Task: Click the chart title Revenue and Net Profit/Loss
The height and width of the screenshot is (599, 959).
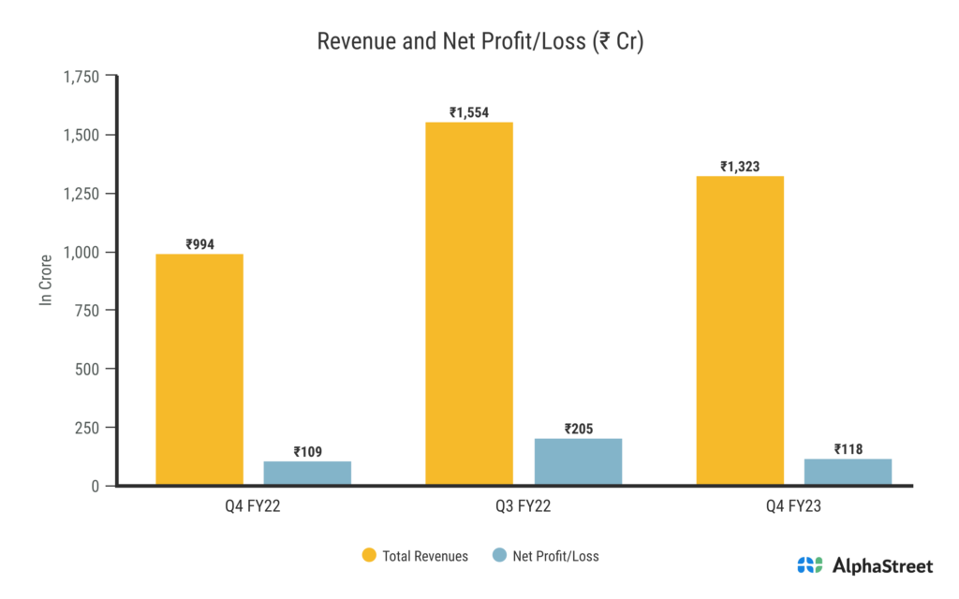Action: (x=479, y=42)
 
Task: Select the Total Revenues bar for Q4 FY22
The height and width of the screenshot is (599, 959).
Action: (x=199, y=370)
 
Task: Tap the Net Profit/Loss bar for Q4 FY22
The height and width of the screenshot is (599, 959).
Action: (x=307, y=473)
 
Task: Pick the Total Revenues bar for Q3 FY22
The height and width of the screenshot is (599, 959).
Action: (x=469, y=304)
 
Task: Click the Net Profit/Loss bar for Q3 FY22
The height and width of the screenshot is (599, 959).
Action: (x=578, y=462)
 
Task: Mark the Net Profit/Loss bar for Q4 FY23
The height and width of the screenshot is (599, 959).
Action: (x=848, y=472)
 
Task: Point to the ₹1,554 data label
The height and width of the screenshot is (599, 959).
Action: (x=469, y=112)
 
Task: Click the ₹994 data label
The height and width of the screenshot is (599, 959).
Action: (x=200, y=244)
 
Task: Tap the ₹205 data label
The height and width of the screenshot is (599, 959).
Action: (x=579, y=429)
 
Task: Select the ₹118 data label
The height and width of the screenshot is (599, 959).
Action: (x=848, y=449)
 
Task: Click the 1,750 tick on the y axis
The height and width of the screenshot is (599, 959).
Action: (x=81, y=77)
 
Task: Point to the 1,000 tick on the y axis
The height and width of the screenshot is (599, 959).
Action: (x=81, y=252)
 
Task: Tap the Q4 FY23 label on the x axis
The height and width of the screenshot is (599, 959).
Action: (x=794, y=508)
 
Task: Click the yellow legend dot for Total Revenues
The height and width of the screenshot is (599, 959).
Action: (x=369, y=556)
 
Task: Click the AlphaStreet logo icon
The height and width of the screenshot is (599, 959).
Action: (x=810, y=565)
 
